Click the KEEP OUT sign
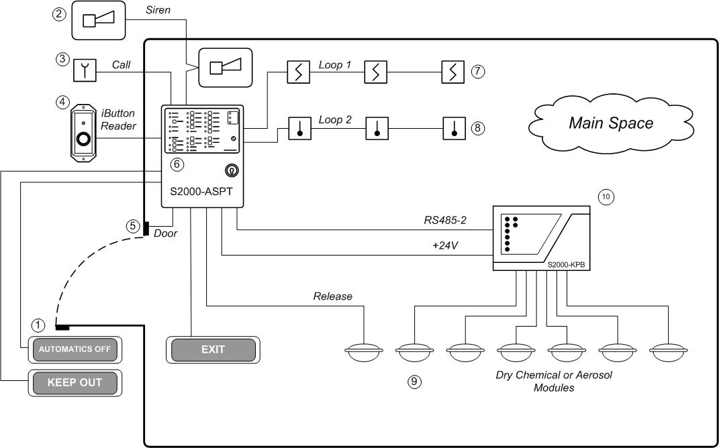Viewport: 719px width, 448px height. click(x=74, y=383)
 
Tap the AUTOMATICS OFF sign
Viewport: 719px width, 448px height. click(x=73, y=349)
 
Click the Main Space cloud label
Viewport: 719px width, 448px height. click(x=610, y=123)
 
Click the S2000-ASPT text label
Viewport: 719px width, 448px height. click(x=199, y=191)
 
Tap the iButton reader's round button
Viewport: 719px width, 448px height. click(x=84, y=140)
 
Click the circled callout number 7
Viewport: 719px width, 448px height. click(x=477, y=70)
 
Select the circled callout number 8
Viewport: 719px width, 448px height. click(x=477, y=127)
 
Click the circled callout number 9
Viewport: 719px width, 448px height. click(x=414, y=382)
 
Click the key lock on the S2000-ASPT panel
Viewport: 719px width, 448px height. click(x=230, y=170)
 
